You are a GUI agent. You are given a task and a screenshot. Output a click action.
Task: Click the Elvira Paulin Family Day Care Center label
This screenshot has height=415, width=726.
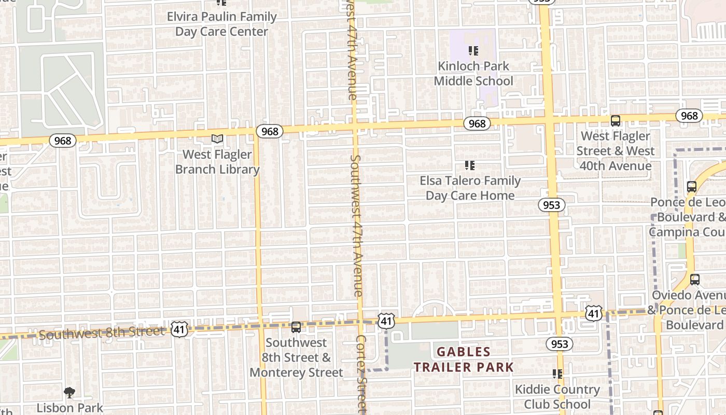221,24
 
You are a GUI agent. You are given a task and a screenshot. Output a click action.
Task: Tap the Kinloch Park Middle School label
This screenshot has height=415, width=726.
473,74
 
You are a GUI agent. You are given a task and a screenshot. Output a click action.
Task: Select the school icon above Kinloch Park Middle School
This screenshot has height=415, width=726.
473,51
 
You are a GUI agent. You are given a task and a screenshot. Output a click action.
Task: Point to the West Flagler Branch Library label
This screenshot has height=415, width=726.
217,162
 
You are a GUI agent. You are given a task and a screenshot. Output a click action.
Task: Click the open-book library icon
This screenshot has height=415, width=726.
217,139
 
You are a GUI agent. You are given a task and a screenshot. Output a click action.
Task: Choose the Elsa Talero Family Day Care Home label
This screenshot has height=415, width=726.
470,188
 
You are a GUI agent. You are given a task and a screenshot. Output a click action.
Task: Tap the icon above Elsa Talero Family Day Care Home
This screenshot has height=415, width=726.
470,165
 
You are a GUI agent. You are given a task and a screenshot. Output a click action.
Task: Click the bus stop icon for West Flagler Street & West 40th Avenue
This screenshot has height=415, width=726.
616,121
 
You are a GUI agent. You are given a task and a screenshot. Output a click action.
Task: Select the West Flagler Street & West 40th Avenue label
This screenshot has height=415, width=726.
616,151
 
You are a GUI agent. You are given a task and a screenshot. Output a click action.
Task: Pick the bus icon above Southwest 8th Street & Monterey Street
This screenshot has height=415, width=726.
296,327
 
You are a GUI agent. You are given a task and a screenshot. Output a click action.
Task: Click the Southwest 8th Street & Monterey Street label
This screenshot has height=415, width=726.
296,357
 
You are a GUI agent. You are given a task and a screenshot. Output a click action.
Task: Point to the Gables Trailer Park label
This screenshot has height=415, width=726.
464,359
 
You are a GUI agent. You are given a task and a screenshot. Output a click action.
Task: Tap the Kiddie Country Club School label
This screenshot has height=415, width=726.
557,397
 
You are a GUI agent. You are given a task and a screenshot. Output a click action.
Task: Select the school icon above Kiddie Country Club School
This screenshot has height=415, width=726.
557,374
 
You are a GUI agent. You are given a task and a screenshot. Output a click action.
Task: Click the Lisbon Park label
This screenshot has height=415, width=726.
69,408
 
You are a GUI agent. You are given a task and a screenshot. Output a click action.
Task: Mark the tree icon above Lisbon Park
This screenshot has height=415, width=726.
69,393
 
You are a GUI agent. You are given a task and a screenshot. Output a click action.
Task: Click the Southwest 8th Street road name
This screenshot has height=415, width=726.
101,333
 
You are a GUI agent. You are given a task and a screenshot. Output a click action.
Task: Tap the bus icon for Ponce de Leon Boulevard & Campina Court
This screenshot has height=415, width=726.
691,187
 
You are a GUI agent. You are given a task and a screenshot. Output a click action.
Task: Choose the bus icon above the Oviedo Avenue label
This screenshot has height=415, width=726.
695,280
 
